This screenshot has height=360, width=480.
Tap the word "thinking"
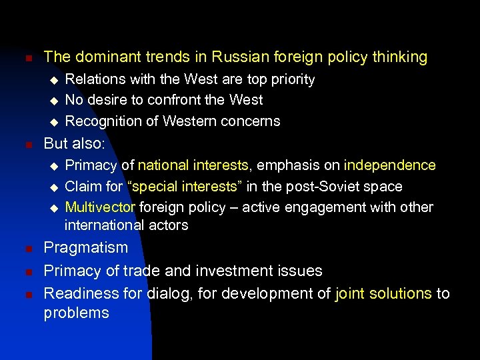click(394, 57)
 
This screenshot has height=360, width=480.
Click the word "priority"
click(288, 79)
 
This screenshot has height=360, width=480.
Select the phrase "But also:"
click(76, 143)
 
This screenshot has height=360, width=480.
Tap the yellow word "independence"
click(390, 165)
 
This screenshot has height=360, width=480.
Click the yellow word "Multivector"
click(100, 207)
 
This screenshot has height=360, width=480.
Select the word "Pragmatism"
click(85, 247)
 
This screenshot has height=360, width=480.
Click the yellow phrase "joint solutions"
click(383, 293)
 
